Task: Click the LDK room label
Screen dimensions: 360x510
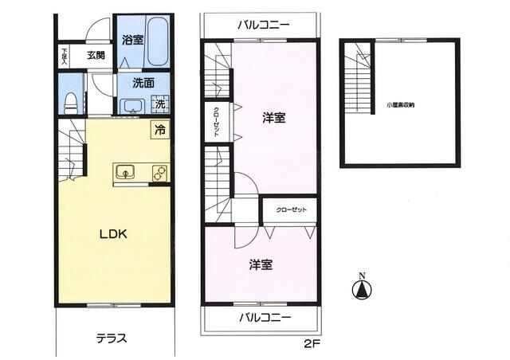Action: click(114, 234)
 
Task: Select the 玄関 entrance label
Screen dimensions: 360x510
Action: click(96, 56)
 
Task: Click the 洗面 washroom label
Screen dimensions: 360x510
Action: click(143, 82)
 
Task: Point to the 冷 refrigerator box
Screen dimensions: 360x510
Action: click(160, 130)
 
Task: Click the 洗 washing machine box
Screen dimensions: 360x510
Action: click(160, 104)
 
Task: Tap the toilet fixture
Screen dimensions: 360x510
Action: click(70, 101)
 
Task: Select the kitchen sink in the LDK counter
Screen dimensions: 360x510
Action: click(126, 171)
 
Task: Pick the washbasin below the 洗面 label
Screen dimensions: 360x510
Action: click(131, 106)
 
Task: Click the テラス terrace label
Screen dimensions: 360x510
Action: click(112, 337)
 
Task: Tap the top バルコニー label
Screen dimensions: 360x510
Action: click(263, 25)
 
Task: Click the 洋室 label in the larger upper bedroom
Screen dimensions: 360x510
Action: click(274, 118)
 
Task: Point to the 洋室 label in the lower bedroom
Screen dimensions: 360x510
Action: click(260, 264)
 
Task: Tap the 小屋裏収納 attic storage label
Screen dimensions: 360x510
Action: click(400, 104)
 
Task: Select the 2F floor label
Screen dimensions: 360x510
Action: click(310, 344)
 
